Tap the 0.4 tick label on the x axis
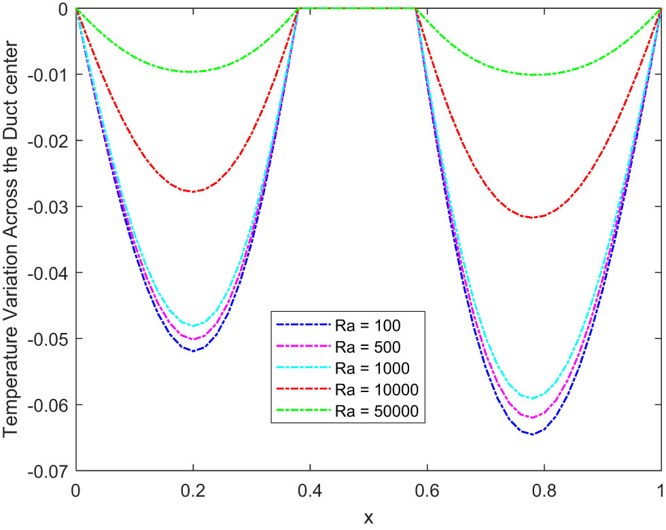point(310,487)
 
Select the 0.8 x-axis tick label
point(544,487)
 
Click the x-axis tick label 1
point(661,487)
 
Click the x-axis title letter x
point(368,518)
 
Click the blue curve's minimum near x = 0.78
point(532,434)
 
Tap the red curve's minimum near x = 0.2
point(193,192)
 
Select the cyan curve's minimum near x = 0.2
point(193,326)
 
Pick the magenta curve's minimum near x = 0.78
point(532,417)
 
